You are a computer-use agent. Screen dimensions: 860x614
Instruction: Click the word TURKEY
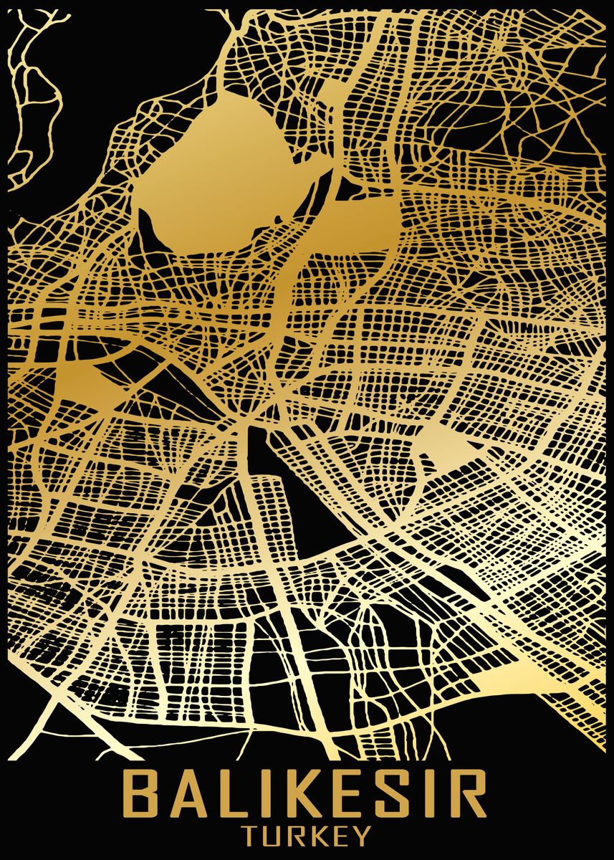coord(307,836)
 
